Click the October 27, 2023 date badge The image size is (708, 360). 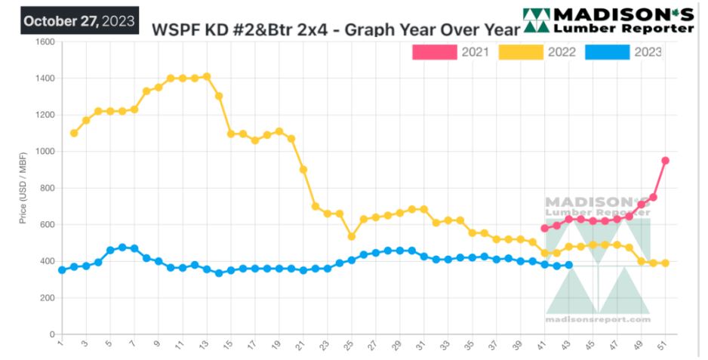pyautogui.click(x=79, y=20)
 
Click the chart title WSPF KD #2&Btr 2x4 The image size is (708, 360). pyautogui.click(x=336, y=29)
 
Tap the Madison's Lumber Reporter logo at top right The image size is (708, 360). pyautogui.click(x=608, y=20)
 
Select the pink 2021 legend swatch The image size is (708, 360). pyautogui.click(x=435, y=52)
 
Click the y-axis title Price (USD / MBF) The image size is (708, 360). pyautogui.click(x=23, y=189)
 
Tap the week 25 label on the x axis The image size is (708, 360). pyautogui.click(x=350, y=345)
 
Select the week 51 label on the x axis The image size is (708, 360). pyautogui.click(x=664, y=345)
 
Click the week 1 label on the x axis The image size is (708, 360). pyautogui.click(x=61, y=344)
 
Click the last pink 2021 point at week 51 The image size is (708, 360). pyautogui.click(x=665, y=161)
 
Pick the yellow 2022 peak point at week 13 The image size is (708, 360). pyautogui.click(x=207, y=77)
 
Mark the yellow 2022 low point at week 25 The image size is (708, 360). pyautogui.click(x=352, y=236)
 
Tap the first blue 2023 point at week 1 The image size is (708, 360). pyautogui.click(x=62, y=269)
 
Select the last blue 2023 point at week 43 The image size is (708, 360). pyautogui.click(x=568, y=265)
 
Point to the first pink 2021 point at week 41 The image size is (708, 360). pyautogui.click(x=544, y=228)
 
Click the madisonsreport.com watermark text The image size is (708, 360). pyautogui.click(x=598, y=319)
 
